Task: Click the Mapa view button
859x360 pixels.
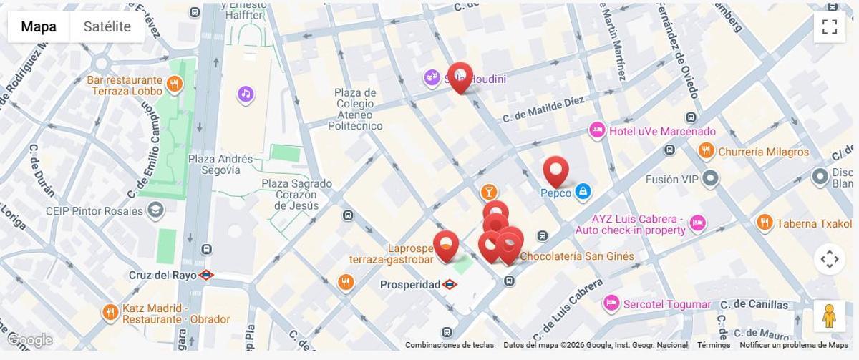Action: pos(39,27)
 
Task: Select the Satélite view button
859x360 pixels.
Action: pos(107,27)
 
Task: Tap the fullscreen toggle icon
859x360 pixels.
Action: pos(829,27)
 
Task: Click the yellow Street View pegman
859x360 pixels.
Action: pos(829,316)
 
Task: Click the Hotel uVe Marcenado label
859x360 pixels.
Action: pos(661,131)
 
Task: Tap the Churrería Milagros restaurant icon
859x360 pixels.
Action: pos(706,151)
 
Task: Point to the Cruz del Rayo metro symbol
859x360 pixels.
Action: pos(206,275)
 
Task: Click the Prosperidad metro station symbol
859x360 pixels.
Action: pos(450,284)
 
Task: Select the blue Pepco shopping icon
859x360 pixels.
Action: pos(583,192)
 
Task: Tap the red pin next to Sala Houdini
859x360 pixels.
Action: pos(460,77)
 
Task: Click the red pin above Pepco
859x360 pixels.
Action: pos(555,171)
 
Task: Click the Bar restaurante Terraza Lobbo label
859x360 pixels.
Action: pos(125,86)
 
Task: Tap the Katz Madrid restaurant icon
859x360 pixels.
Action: pos(110,313)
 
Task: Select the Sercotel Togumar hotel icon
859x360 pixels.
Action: pos(611,304)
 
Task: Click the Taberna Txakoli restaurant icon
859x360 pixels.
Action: pos(765,223)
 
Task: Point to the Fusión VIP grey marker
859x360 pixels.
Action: pos(710,178)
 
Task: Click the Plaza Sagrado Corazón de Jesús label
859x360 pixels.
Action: pos(296,195)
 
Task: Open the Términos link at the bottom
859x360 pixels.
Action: pos(713,345)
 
